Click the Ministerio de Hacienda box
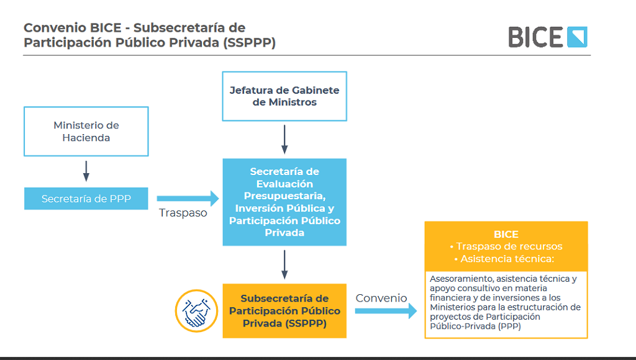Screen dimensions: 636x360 tap(86, 132)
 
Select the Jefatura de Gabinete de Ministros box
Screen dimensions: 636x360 tap(284, 96)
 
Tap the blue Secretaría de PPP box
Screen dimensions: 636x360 tap(86, 199)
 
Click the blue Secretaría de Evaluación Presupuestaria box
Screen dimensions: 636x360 tap(284, 202)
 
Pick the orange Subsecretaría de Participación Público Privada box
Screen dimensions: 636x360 tap(284, 311)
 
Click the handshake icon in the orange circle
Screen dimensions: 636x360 tap(196, 311)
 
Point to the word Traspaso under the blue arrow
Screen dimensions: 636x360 tap(183, 213)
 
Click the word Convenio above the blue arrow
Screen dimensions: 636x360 tap(381, 298)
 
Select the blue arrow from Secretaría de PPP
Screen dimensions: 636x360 tap(188, 199)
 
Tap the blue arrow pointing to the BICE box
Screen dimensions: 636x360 tap(386, 311)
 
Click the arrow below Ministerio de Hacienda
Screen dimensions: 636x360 tap(86, 171)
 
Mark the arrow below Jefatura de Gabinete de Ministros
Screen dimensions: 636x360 tap(284, 140)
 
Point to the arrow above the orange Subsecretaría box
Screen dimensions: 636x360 tap(284, 265)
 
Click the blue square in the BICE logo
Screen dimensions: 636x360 tap(577, 37)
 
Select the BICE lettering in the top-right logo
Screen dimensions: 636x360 tap(535, 37)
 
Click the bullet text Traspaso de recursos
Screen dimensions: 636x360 tap(506, 246)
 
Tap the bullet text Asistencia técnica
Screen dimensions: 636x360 tap(504, 259)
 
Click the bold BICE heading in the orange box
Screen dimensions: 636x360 tap(506, 235)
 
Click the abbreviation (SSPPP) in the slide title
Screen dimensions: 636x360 tap(250, 43)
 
